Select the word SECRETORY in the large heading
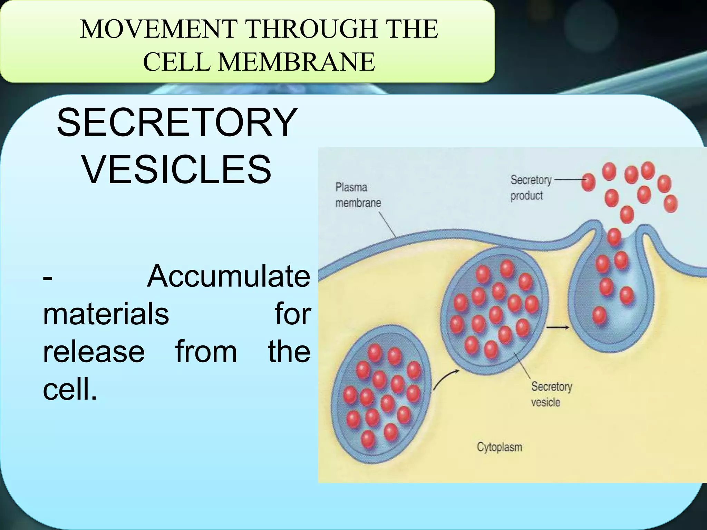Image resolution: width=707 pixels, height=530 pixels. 176,123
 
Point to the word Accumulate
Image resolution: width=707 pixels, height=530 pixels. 229,276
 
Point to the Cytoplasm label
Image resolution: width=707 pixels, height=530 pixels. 499,447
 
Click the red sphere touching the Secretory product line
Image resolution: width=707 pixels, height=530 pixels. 588,181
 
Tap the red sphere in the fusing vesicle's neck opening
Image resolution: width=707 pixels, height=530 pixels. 614,237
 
